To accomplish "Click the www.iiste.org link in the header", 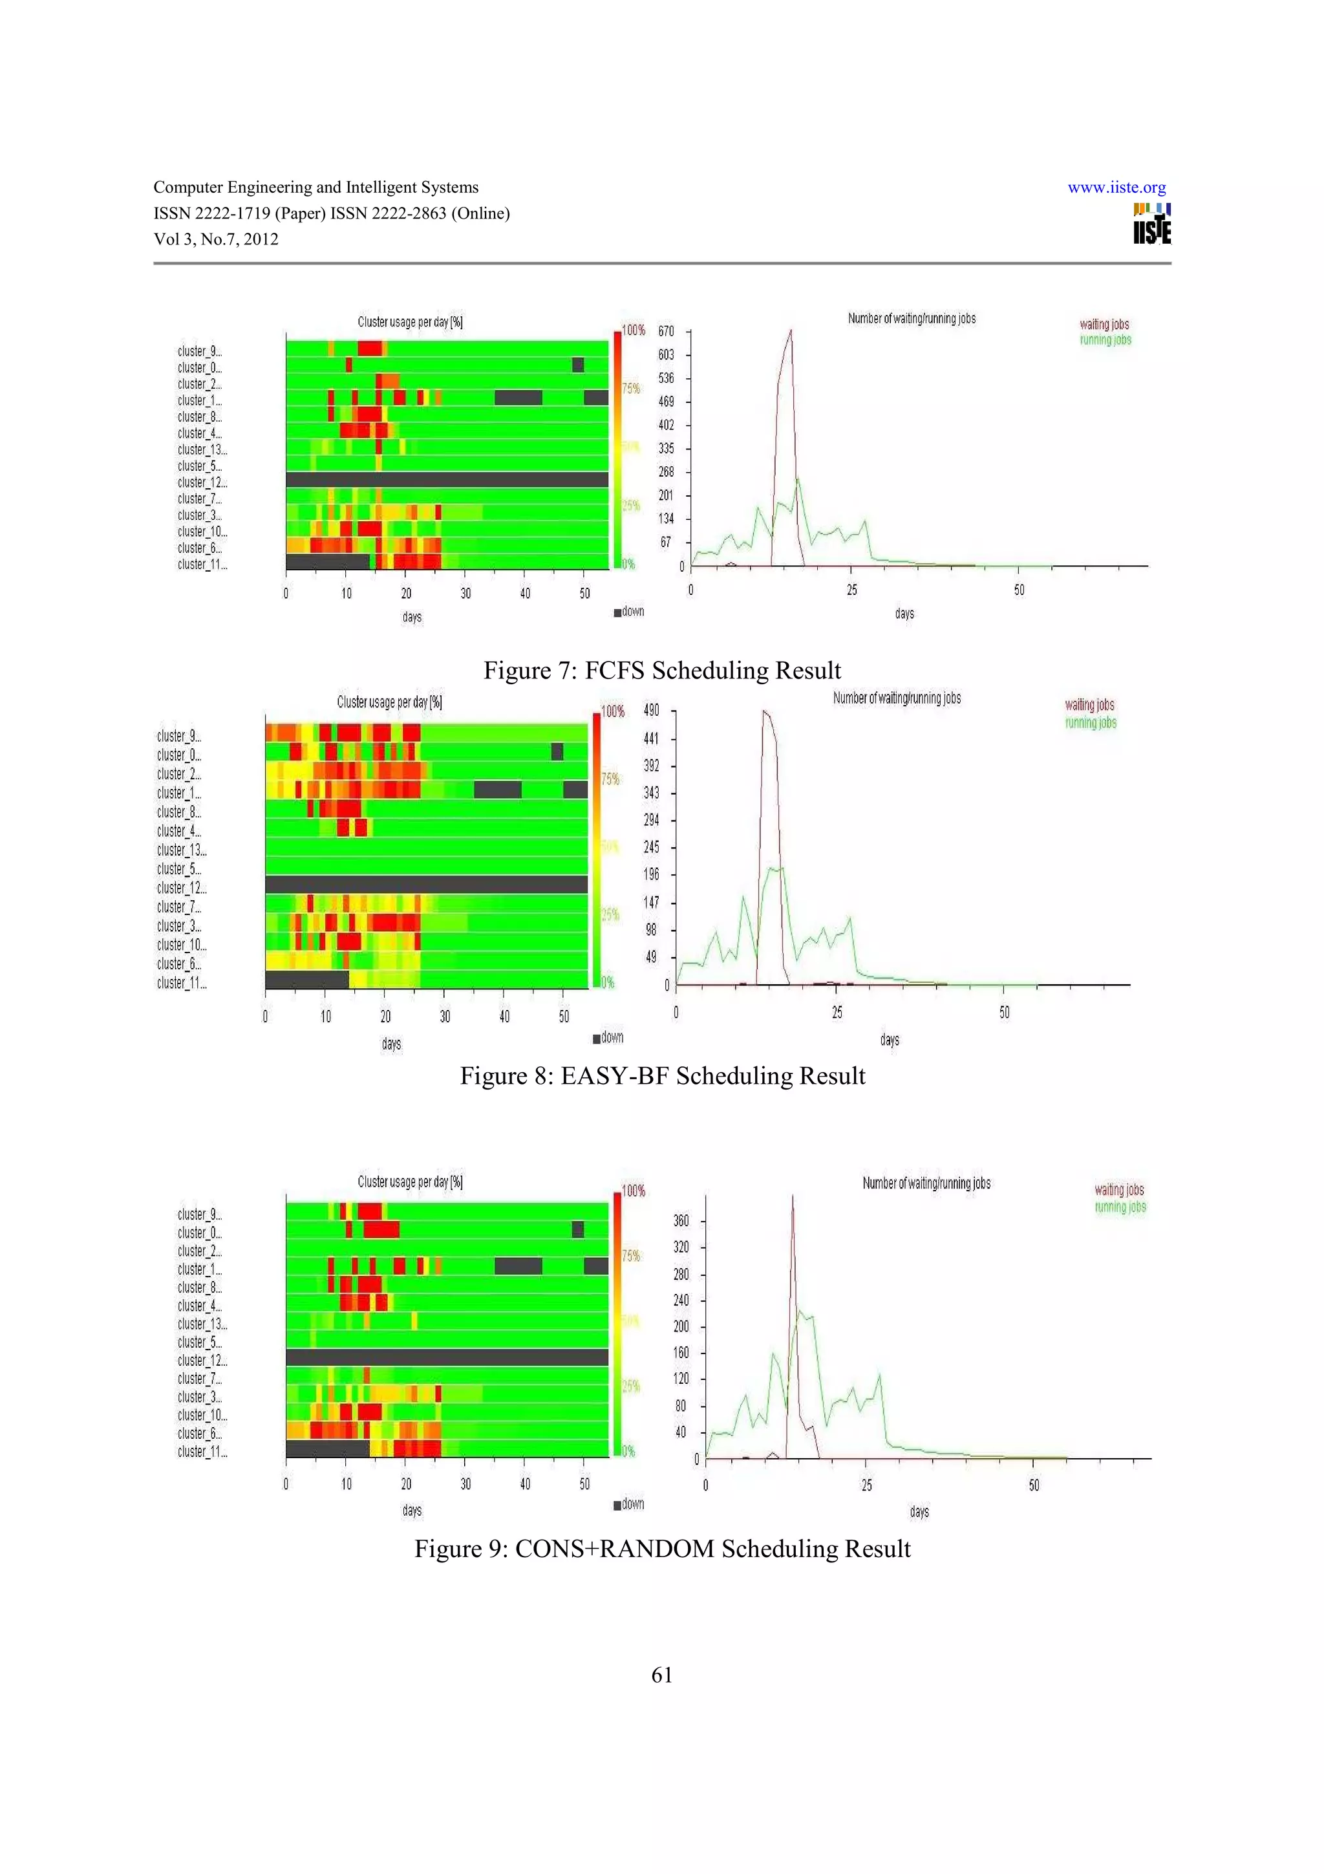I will tap(1116, 188).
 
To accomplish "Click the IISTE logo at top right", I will tap(1151, 224).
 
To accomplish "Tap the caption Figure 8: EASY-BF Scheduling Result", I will tap(661, 1076).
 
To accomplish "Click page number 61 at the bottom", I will tap(661, 1675).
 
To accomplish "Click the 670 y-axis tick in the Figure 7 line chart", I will tap(666, 331).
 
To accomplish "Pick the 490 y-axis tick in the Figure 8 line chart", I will tap(651, 711).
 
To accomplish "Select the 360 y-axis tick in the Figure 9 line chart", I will tap(680, 1221).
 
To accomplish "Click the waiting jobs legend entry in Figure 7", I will tap(1104, 325).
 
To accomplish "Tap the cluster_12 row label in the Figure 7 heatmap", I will tap(202, 482).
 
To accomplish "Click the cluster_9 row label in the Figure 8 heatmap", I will tap(178, 736).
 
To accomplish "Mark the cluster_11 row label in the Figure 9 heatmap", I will tap(202, 1452).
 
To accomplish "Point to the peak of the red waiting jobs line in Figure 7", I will tap(791, 330).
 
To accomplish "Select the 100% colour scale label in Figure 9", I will tap(633, 1191).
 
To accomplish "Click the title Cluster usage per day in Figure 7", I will tap(409, 323).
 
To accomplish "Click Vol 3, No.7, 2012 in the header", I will tap(216, 239).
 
